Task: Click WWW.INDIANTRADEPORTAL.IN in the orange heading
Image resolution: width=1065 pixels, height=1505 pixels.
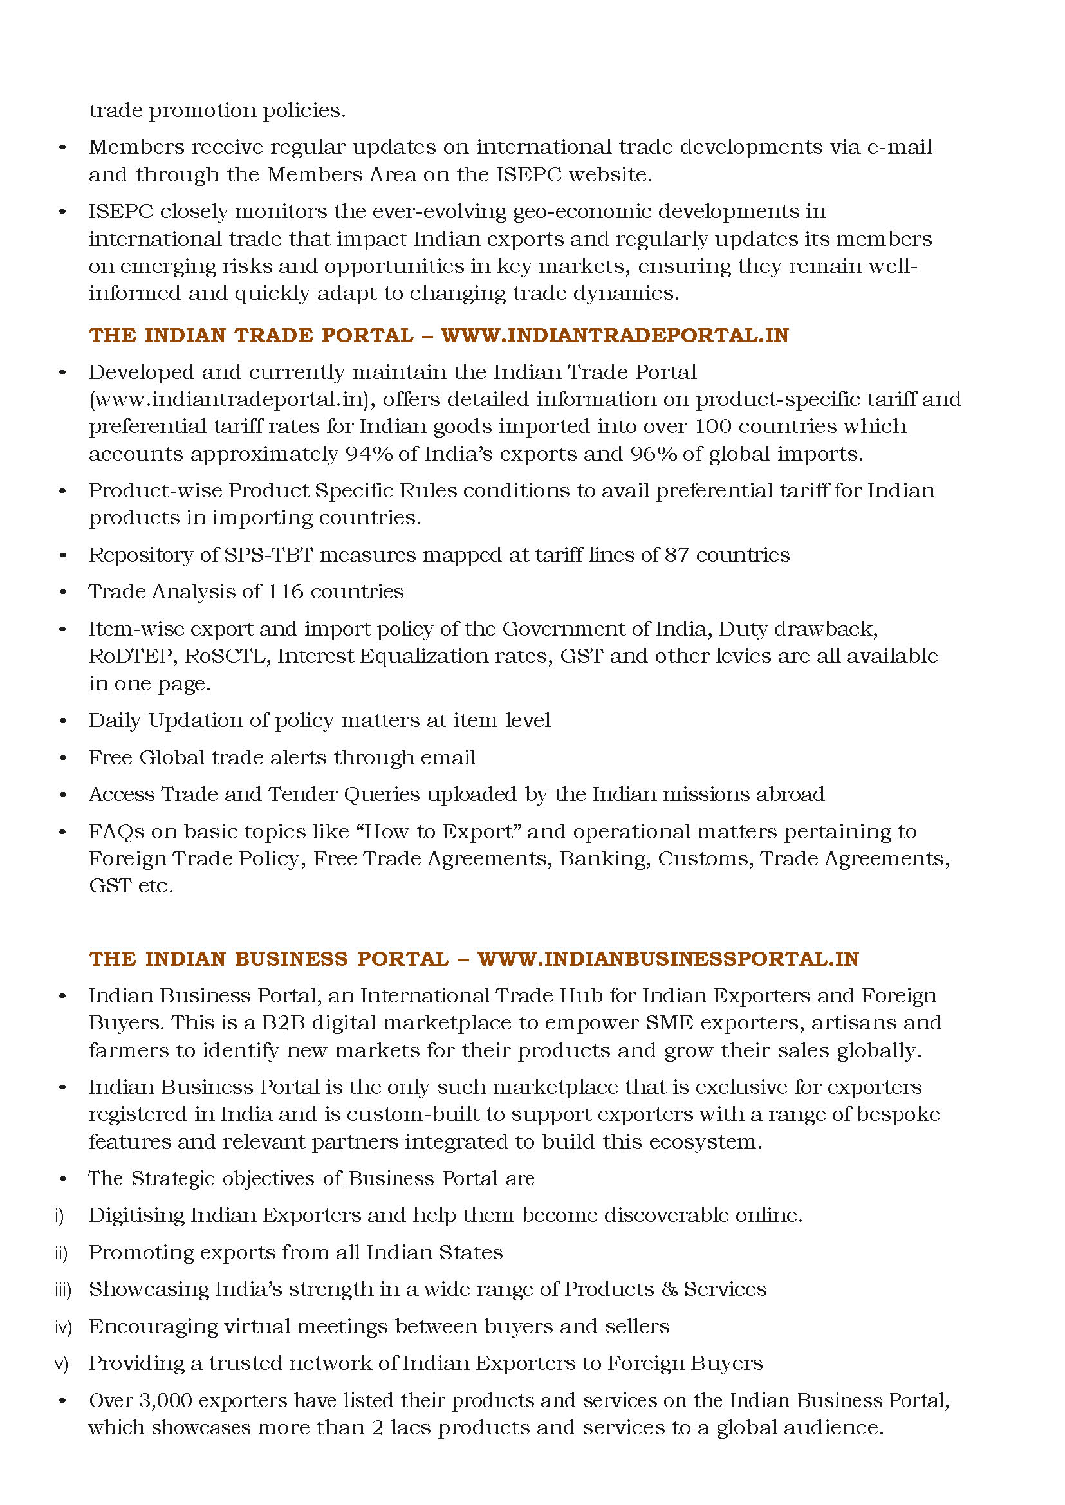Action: point(615,335)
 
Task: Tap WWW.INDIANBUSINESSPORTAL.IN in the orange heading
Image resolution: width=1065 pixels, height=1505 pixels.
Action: point(667,959)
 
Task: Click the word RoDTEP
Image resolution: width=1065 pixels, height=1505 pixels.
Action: point(133,656)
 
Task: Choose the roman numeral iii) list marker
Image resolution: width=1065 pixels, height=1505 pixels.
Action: point(63,1289)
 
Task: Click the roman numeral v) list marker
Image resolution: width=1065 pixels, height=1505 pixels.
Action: point(62,1363)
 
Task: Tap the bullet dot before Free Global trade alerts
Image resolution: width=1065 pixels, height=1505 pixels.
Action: point(62,758)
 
